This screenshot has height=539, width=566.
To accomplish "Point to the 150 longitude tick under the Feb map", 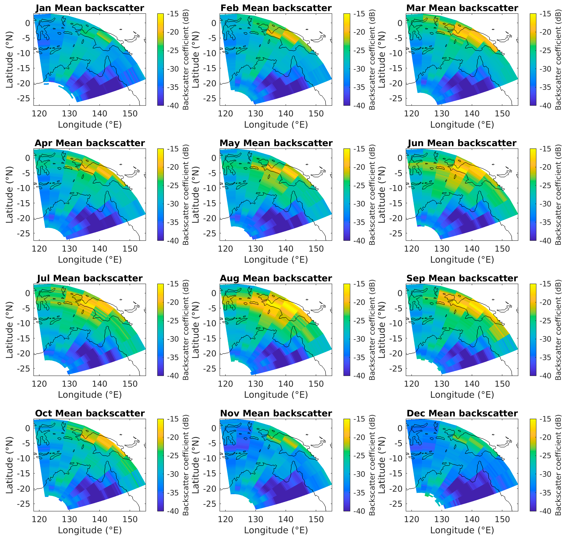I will [x=316, y=114].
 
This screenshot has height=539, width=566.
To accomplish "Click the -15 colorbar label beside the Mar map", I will [x=546, y=14].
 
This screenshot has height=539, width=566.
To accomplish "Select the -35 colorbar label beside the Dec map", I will [x=546, y=493].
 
